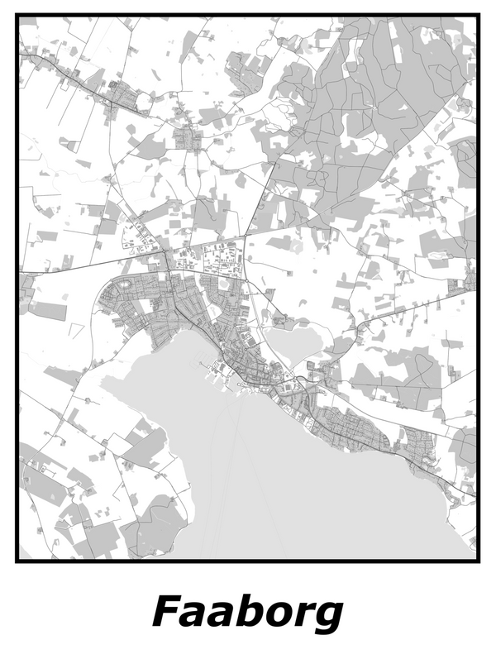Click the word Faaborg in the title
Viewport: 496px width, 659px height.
click(x=247, y=614)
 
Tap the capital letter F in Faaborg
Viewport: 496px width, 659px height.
click(x=166, y=612)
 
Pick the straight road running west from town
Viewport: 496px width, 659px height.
click(x=83, y=270)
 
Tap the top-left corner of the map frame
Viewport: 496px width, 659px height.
click(x=17, y=16)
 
